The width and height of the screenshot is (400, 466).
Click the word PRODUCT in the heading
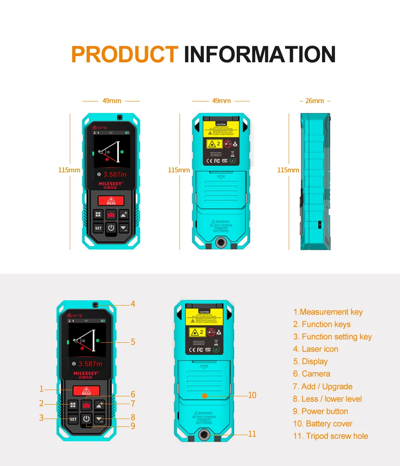pos(125,54)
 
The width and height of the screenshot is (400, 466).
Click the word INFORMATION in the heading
pos(259,54)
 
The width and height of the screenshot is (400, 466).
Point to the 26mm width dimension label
pos(315,101)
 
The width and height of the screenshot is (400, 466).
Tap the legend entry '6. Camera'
pos(311,374)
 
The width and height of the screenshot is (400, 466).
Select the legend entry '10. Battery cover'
pos(322,424)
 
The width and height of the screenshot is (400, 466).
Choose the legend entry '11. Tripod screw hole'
pos(330,436)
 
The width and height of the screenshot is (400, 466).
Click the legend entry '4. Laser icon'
pos(315,349)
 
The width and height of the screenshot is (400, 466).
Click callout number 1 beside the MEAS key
pos(41,389)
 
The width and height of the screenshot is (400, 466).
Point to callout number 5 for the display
pos(133,342)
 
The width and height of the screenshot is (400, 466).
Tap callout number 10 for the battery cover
pos(252,395)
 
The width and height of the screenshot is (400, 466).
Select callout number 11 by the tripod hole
pos(252,434)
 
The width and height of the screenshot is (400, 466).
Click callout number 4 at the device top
pos(133,304)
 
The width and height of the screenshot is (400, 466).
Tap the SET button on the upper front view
pos(98,228)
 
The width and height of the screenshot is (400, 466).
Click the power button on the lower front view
pos(86,419)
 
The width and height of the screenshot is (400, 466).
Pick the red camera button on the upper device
pos(111,215)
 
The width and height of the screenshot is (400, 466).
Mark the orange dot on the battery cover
pos(204,395)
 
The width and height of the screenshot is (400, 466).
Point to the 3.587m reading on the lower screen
pos(90,364)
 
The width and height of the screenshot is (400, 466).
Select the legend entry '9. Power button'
pos(320,411)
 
